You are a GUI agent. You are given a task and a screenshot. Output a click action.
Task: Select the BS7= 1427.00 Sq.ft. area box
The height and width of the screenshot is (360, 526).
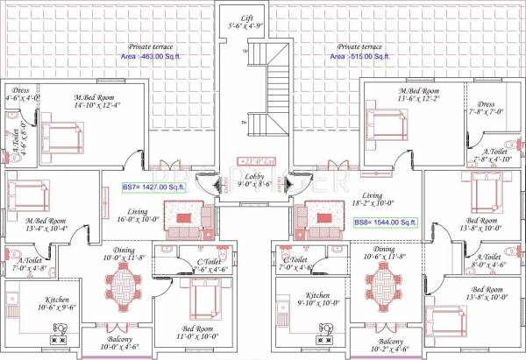[x=155, y=187]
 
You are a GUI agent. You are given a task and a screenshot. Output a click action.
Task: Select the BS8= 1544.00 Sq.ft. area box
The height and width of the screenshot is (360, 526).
[x=386, y=223]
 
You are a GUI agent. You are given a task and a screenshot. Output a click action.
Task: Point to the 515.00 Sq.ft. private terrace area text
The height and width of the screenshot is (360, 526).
[x=359, y=56]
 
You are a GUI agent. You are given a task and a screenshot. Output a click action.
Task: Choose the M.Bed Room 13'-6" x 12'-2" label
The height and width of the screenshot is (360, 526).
[x=419, y=95]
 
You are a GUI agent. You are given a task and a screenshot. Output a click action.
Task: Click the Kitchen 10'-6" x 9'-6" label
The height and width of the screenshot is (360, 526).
[x=33, y=304]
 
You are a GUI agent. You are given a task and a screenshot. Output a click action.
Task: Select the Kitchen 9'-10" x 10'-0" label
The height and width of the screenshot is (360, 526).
[x=317, y=300]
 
